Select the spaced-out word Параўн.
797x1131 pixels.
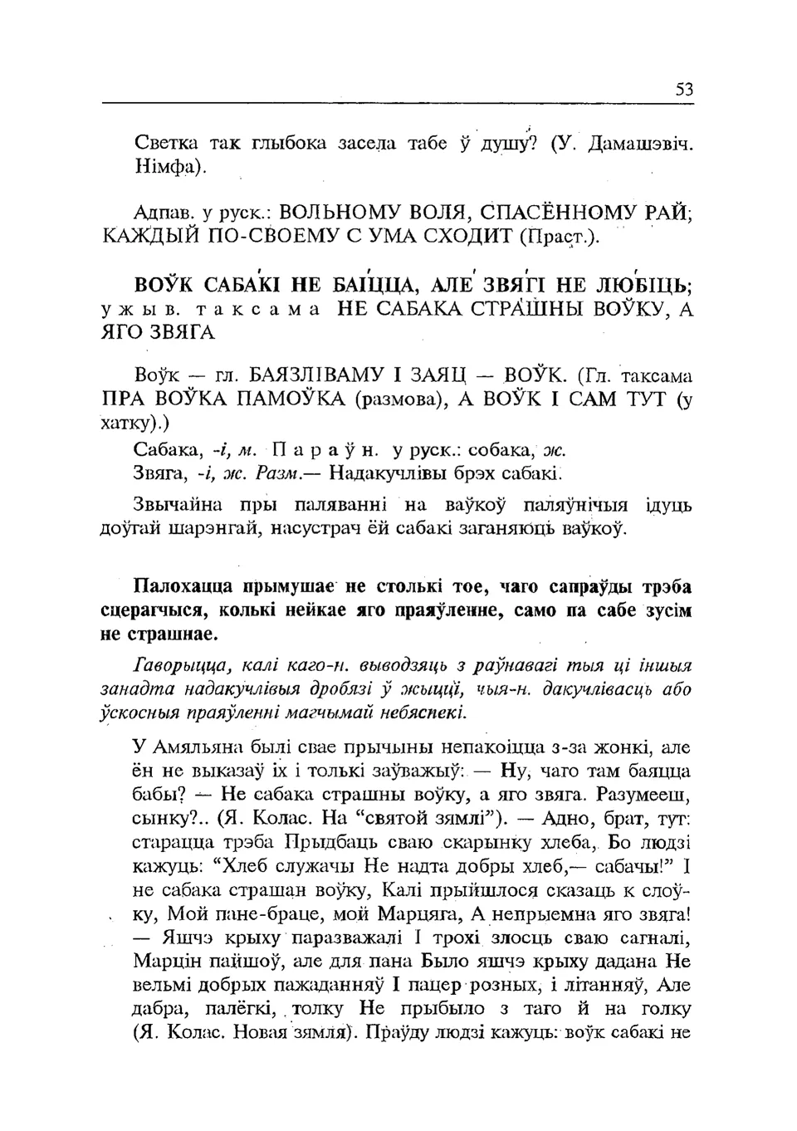tap(325, 450)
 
